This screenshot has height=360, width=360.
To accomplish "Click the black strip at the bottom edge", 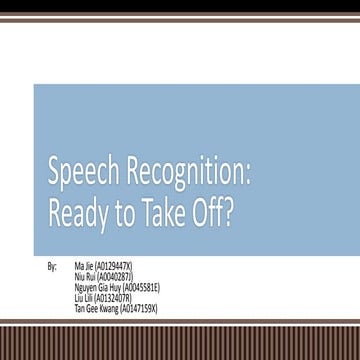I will click(180, 356).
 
